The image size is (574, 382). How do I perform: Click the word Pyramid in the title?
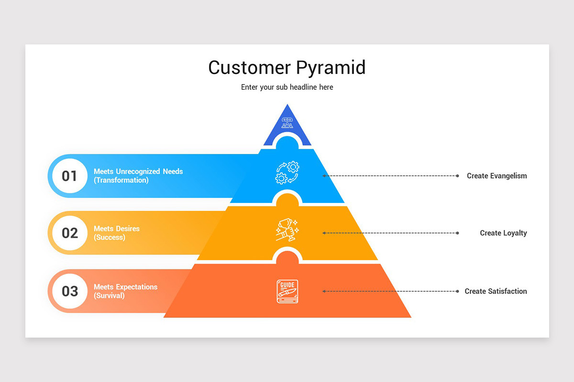pyautogui.click(x=331, y=68)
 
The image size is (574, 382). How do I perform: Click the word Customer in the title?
pyautogui.click(x=249, y=67)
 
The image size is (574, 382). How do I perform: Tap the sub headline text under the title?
pyautogui.click(x=287, y=87)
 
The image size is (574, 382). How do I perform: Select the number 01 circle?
pyautogui.click(x=69, y=176)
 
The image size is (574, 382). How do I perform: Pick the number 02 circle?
pyautogui.click(x=69, y=233)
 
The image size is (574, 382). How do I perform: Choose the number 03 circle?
pyautogui.click(x=69, y=291)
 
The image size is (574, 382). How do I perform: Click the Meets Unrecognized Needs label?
pyautogui.click(x=138, y=171)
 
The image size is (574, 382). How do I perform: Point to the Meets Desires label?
pyautogui.click(x=117, y=229)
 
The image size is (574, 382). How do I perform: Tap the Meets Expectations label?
pyautogui.click(x=125, y=287)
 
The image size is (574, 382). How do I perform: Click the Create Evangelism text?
pyautogui.click(x=497, y=176)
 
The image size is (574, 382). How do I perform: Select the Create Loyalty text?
pyautogui.click(x=503, y=233)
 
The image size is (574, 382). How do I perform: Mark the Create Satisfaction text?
pyautogui.click(x=496, y=291)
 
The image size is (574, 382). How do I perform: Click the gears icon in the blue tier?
pyautogui.click(x=287, y=173)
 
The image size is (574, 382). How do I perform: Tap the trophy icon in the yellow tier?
pyautogui.click(x=287, y=230)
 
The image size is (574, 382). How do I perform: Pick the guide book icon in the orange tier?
pyautogui.click(x=287, y=291)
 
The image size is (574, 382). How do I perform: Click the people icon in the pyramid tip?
pyautogui.click(x=287, y=123)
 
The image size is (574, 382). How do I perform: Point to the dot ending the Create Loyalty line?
pyautogui.click(x=457, y=233)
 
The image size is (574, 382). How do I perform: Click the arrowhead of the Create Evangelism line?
pyautogui.click(x=324, y=176)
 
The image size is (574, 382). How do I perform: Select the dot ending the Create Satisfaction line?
pyautogui.click(x=457, y=291)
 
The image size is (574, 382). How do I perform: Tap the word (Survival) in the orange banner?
pyautogui.click(x=109, y=296)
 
